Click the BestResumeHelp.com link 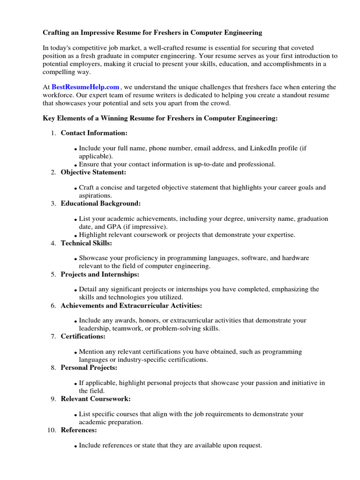(85, 87)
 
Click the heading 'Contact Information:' (94, 133)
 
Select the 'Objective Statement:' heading (94, 172)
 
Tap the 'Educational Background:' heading (100, 203)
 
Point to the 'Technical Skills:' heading (86, 243)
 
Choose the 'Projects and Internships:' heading (100, 274)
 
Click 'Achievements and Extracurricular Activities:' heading (131, 306)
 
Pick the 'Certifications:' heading (83, 337)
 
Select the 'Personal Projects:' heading (89, 367)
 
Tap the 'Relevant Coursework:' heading (96, 399)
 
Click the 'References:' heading (79, 430)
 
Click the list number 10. (52, 430)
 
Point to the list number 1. (53, 133)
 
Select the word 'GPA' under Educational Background (114, 226)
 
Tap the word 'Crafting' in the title (57, 33)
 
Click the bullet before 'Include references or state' (76, 447)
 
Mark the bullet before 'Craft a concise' (76, 188)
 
